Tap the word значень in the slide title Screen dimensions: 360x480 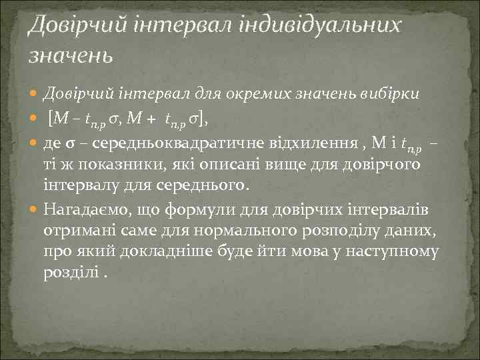pos(70,53)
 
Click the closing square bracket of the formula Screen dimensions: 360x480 pos(202,119)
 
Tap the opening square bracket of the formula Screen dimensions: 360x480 pos(52,119)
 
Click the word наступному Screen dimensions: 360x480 pos(397,251)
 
